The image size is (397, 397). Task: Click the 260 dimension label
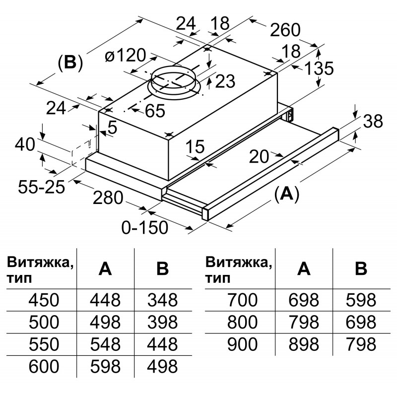coord(285,30)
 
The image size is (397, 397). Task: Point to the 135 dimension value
coord(318,68)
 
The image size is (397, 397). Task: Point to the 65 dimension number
coord(154,111)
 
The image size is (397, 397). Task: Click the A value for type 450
coord(105,300)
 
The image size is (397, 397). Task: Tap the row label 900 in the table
coord(243,344)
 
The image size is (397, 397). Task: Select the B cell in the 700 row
coord(361,300)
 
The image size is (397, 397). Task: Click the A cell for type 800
coord(304,322)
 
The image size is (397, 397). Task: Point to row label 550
coord(44,344)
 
